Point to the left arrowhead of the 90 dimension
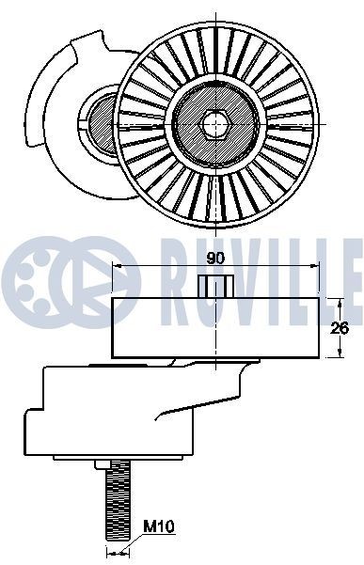pyautogui.click(x=117, y=268)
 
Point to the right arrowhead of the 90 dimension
pyautogui.click(x=316, y=268)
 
